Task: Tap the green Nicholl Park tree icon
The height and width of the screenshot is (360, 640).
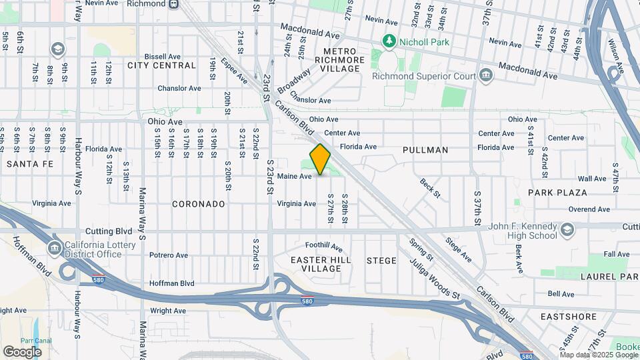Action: coord(389,42)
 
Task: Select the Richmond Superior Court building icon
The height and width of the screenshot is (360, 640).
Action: coord(487,75)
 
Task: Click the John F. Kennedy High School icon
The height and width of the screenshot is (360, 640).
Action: coord(567,230)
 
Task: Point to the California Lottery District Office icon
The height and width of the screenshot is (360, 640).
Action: coord(54,249)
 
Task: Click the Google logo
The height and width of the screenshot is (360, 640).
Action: coord(22,352)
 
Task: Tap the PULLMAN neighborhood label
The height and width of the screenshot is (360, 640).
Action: coord(425,150)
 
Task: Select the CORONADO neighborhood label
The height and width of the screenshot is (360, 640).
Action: coord(199,204)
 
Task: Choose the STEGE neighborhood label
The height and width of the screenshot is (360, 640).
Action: coord(381,261)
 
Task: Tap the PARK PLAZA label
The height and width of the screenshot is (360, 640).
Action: coord(557,193)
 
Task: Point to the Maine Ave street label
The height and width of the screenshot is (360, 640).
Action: coord(295,177)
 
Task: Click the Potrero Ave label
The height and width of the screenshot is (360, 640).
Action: coord(169,255)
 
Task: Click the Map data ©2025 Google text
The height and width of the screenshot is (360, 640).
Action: coord(589,355)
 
